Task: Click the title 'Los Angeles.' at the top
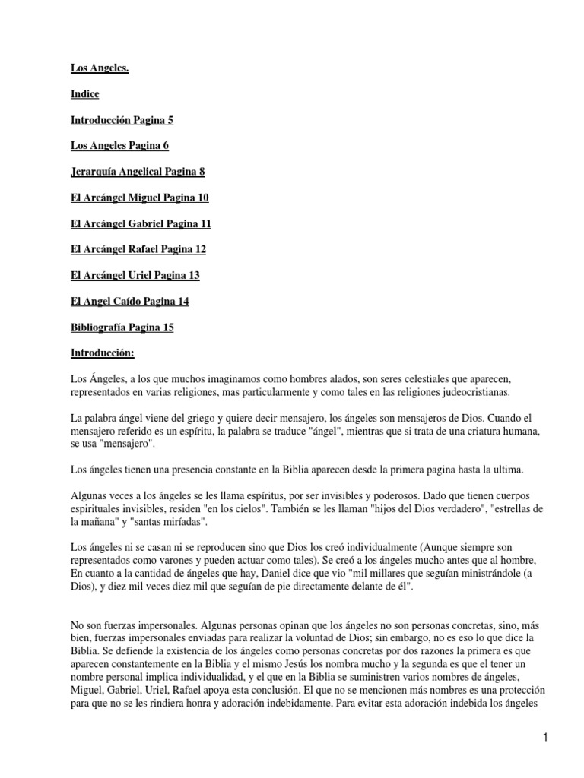(x=100, y=68)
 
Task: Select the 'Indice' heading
(x=84, y=94)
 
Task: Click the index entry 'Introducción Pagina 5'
(x=127, y=120)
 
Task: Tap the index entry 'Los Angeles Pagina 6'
(x=119, y=146)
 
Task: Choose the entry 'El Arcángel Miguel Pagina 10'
(x=139, y=198)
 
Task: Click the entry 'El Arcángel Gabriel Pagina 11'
(x=141, y=223)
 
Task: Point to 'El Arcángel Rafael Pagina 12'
(x=138, y=249)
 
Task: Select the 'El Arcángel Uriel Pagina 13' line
(x=135, y=275)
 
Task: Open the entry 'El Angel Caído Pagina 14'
(x=129, y=301)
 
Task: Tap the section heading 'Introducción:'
(x=103, y=353)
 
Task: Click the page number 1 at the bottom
(x=546, y=737)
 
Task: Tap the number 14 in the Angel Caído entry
(x=182, y=301)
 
